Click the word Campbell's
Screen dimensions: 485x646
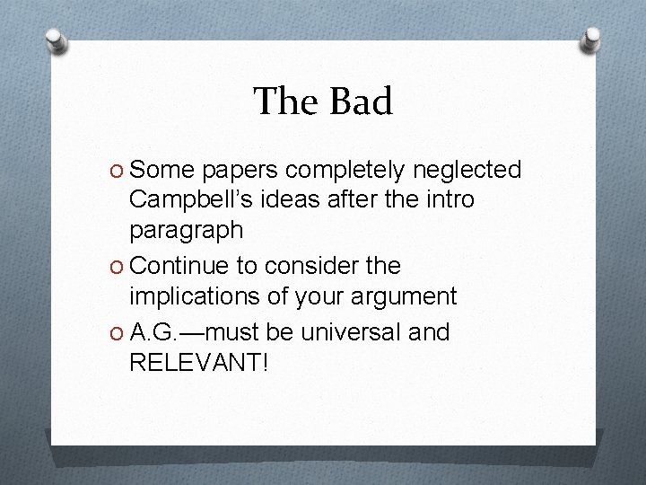tap(185, 199)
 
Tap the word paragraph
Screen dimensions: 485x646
tap(186, 231)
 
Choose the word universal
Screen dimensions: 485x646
tap(351, 332)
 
